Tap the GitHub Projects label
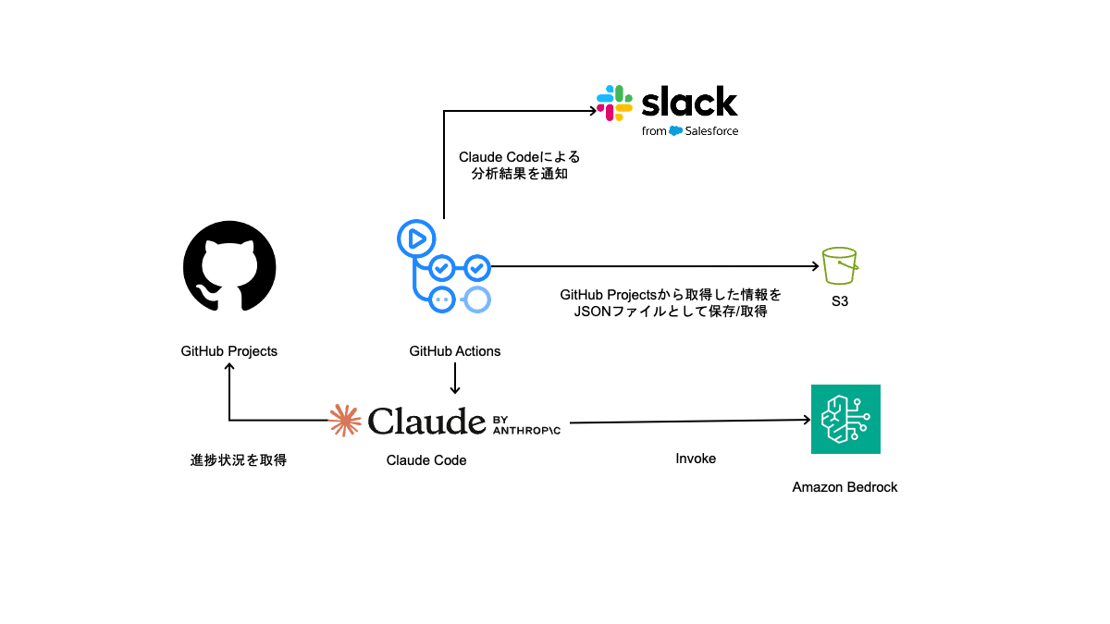pyautogui.click(x=228, y=351)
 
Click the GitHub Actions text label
pyautogui.click(x=455, y=351)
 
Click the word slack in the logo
pyautogui.click(x=689, y=102)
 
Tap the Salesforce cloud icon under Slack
pyautogui.click(x=676, y=130)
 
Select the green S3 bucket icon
pyautogui.click(x=840, y=266)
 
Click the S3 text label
pyautogui.click(x=840, y=300)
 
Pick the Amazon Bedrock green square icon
pyautogui.click(x=845, y=419)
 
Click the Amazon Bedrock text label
pyautogui.click(x=845, y=487)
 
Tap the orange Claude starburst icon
pyautogui.click(x=345, y=421)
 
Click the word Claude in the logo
pyautogui.click(x=426, y=421)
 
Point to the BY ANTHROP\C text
pyautogui.click(x=526, y=422)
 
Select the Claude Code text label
pyautogui.click(x=426, y=459)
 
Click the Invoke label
pyautogui.click(x=696, y=459)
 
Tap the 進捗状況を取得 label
pyautogui.click(x=239, y=459)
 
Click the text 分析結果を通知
pyautogui.click(x=519, y=174)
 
